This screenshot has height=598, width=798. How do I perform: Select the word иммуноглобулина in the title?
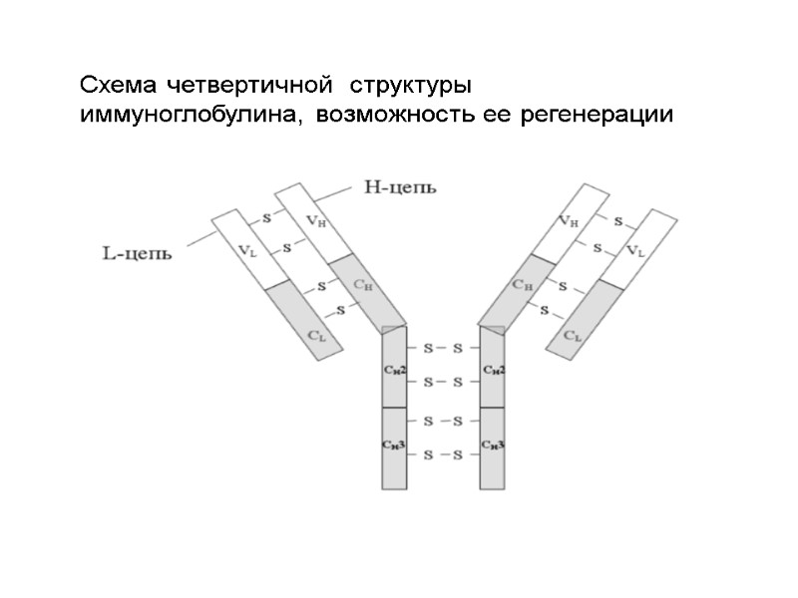(191, 116)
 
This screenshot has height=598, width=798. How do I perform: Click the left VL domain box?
(247, 249)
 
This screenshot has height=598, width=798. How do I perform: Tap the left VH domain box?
(311, 219)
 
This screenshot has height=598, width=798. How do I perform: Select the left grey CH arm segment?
(365, 289)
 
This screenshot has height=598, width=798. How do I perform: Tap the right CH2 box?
(493, 369)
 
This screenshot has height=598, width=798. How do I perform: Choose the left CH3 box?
(394, 447)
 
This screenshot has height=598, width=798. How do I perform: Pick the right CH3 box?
(493, 447)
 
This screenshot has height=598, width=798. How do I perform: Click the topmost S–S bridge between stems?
(443, 348)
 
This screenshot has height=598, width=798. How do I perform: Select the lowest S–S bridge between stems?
(443, 455)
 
